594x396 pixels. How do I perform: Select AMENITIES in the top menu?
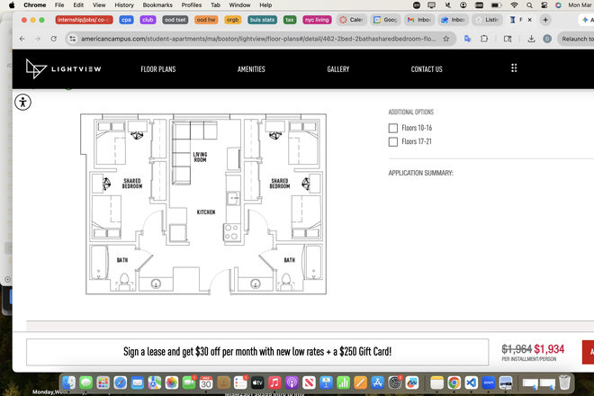pos(251,69)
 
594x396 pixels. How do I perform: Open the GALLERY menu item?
pos(338,69)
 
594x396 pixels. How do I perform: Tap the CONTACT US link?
pos(427,69)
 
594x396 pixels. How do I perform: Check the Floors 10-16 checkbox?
pos(393,128)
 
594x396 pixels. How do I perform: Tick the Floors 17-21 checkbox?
pos(393,142)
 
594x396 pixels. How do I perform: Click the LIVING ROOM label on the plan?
pos(200,157)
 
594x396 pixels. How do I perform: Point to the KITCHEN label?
pos(206,212)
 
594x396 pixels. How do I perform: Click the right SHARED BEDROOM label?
pos(280,184)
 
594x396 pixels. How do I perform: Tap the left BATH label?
pos(121,260)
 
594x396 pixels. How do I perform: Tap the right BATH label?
pos(290,260)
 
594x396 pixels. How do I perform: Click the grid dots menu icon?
pos(514,68)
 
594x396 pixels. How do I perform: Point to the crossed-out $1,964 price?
pos(517,349)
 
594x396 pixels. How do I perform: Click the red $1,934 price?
pos(549,349)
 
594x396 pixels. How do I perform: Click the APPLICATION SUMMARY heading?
pos(420,173)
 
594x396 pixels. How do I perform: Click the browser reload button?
pos(56,39)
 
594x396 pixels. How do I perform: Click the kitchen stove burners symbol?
pos(231,231)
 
